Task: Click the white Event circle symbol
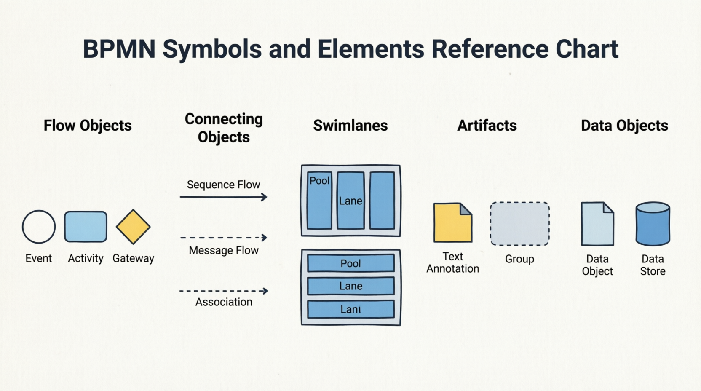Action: point(39,227)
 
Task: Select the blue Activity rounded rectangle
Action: point(86,227)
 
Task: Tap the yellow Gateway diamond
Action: point(133,227)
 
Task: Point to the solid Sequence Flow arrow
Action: point(223,197)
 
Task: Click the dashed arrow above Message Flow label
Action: point(223,238)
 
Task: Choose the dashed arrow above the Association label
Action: point(223,291)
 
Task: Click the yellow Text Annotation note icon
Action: point(452,223)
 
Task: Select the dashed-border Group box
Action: point(519,224)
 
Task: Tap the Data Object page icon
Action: point(597,224)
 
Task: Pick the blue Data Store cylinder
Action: point(653,224)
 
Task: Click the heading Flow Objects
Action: point(88,126)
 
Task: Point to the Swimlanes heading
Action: point(350,126)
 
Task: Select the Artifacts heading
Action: point(487,126)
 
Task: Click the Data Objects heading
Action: point(624,126)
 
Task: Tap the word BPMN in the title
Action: point(119,49)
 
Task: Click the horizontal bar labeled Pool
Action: point(350,263)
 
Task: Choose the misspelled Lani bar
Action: point(350,309)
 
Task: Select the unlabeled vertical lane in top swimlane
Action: point(382,201)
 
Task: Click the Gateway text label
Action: point(133,258)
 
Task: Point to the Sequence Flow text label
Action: point(223,185)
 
